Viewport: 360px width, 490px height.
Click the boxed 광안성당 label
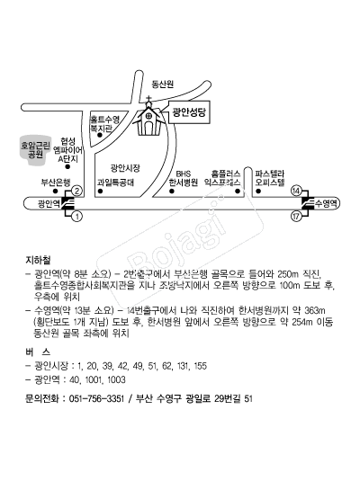coord(189,112)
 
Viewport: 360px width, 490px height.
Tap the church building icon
coord(148,120)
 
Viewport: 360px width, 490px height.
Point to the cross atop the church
coord(148,100)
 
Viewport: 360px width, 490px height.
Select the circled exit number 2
coord(76,191)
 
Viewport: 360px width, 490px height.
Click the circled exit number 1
coord(76,217)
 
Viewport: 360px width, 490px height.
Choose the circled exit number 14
coord(296,191)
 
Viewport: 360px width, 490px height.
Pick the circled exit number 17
coord(296,217)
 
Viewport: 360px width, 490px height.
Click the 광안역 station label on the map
coord(49,204)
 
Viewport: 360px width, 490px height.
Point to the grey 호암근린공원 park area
coord(35,150)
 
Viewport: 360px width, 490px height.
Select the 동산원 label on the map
coord(163,84)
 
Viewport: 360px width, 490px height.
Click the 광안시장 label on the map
coord(125,168)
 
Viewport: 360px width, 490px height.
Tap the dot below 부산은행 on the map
coord(56,191)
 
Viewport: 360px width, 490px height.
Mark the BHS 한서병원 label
coord(184,178)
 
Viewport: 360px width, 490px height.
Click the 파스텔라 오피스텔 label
coord(270,178)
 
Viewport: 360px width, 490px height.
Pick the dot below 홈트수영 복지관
coord(100,136)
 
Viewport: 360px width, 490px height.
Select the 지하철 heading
coord(38,260)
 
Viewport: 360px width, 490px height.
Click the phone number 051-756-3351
coord(96,398)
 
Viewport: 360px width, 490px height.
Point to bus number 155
coord(201,366)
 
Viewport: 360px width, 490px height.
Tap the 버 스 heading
coord(38,352)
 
